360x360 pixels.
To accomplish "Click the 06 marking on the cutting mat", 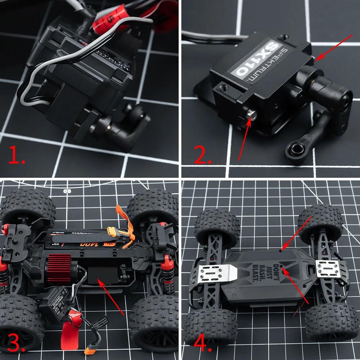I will pos(66,191).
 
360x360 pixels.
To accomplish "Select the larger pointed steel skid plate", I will pos(216,274).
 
